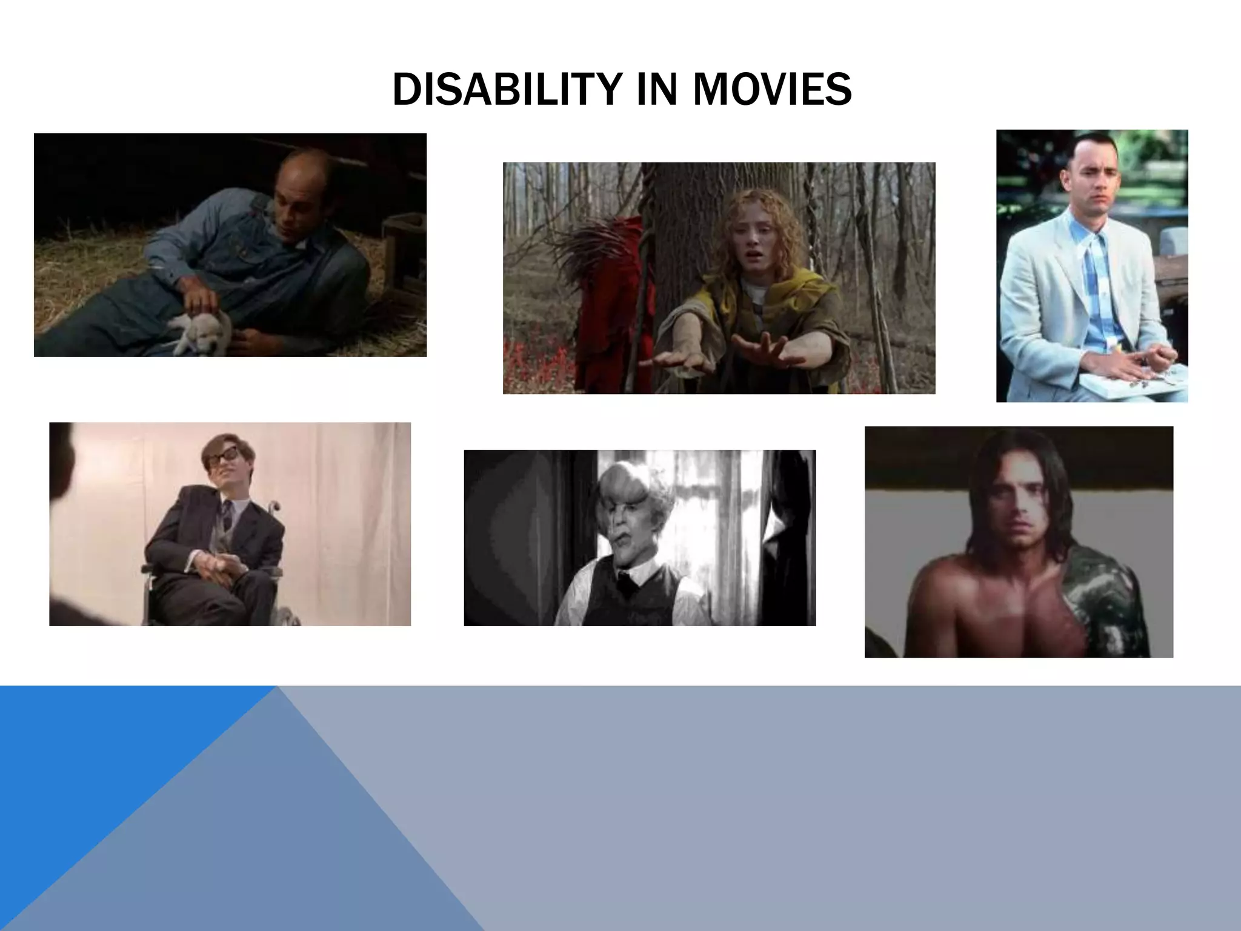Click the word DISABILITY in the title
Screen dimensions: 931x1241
click(x=505, y=90)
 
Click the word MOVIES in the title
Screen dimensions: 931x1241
click(x=772, y=90)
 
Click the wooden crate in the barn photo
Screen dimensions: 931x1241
click(x=402, y=255)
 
